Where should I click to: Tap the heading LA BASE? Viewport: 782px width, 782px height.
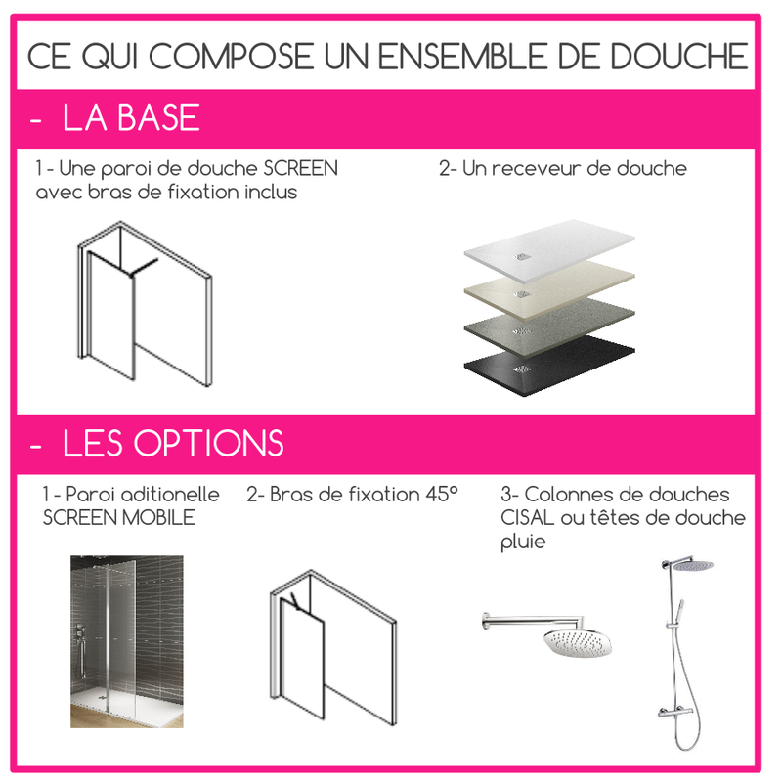[131, 118]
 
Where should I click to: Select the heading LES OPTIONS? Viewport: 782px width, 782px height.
[173, 443]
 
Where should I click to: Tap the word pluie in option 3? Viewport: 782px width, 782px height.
[523, 541]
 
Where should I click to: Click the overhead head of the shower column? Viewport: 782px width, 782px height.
[692, 565]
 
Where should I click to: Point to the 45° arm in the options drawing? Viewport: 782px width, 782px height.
[292, 597]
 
